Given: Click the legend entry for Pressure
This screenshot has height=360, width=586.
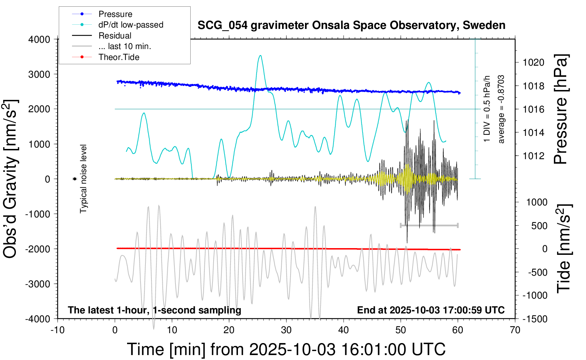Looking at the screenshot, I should pyautogui.click(x=115, y=14).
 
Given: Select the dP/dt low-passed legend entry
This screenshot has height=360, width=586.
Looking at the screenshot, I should pyautogui.click(x=131, y=25).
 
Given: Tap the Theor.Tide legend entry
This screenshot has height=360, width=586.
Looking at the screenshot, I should pyautogui.click(x=119, y=57).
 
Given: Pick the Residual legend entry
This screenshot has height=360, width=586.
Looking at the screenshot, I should pyautogui.click(x=115, y=36).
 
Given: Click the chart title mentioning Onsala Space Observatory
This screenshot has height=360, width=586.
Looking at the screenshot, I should pyautogui.click(x=351, y=25).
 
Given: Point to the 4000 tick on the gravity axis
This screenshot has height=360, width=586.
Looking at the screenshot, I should pyautogui.click(x=39, y=39).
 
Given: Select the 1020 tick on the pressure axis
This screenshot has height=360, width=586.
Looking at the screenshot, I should pyautogui.click(x=533, y=62).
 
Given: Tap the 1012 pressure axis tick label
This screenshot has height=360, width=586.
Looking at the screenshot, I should pyautogui.click(x=533, y=156).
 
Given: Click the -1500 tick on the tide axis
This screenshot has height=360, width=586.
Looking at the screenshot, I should pyautogui.click(x=535, y=319).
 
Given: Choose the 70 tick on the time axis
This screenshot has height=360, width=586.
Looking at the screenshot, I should pyautogui.click(x=515, y=330).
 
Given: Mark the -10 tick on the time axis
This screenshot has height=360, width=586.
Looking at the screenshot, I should pyautogui.click(x=58, y=330).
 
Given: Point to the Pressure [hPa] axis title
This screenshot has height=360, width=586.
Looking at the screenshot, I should pyautogui.click(x=561, y=109).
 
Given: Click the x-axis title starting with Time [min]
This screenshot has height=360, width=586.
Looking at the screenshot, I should pyautogui.click(x=286, y=349).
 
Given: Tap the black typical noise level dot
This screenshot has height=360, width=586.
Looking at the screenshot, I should pyautogui.click(x=75, y=179).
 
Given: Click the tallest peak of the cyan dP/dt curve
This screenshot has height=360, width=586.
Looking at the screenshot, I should pyautogui.click(x=260, y=55).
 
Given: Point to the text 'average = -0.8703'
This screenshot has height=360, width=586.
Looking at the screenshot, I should pyautogui.click(x=501, y=109).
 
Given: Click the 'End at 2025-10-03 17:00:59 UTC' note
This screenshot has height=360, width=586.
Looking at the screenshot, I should pyautogui.click(x=431, y=310).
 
